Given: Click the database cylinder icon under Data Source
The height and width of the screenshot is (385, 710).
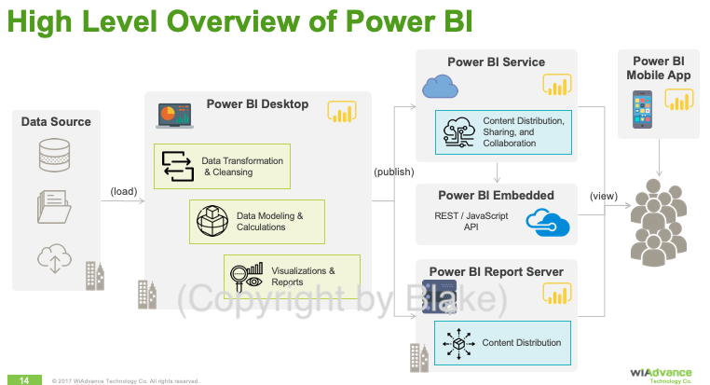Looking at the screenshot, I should click(x=54, y=156).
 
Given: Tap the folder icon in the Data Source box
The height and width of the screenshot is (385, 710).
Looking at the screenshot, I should click(x=54, y=206).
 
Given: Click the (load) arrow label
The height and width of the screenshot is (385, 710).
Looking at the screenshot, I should click(x=123, y=192).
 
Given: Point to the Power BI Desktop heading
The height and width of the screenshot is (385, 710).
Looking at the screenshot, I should click(x=257, y=103).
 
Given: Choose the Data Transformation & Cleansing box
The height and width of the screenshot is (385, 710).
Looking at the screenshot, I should click(x=223, y=166).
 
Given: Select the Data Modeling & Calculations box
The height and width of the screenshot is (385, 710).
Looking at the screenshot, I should click(x=257, y=222).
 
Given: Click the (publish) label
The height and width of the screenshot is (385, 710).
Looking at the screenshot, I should click(x=394, y=172).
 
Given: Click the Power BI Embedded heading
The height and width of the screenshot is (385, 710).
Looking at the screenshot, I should click(x=496, y=195).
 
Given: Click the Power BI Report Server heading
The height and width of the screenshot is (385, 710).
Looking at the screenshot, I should click(x=496, y=271).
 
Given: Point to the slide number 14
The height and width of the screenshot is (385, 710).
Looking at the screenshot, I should click(x=25, y=379).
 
